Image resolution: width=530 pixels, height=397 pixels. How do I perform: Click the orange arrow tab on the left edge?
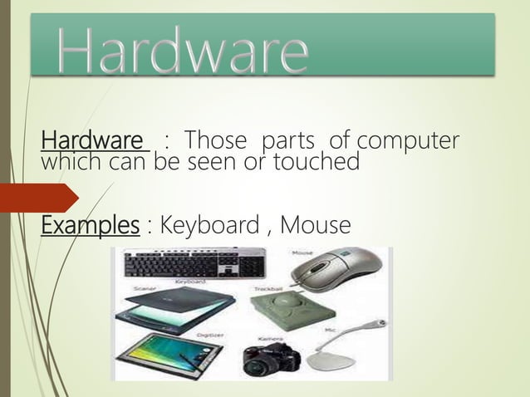coord(37,197)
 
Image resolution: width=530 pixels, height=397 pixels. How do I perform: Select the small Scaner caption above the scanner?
coord(139,290)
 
